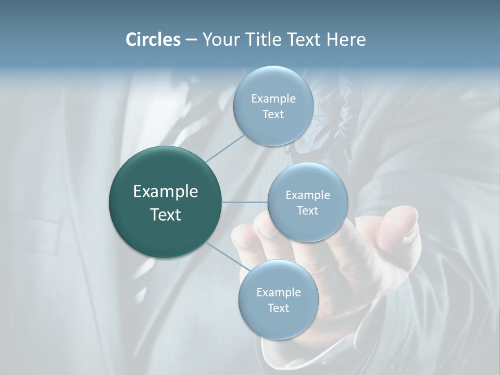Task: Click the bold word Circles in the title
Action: [153, 40]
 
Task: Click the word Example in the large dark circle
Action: [166, 192]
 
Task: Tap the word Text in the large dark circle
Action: [166, 215]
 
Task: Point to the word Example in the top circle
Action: [273, 99]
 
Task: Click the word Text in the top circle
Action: [273, 115]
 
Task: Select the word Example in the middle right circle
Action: [308, 195]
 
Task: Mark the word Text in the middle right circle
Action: [308, 211]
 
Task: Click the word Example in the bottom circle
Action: [278, 293]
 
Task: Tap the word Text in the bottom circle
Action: [278, 308]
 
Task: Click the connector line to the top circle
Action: [225, 148]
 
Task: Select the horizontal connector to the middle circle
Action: [245, 202]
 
